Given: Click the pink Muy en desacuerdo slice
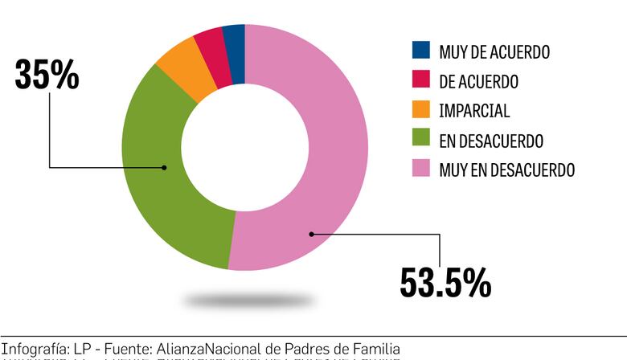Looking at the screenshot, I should click(330, 153).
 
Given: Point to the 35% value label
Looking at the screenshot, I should click(47, 75).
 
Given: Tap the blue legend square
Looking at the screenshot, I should click(420, 51).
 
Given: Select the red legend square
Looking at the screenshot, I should click(420, 81).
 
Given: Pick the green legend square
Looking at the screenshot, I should click(420, 141).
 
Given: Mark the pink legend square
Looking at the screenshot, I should click(420, 170).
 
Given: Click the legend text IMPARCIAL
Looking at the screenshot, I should click(474, 111).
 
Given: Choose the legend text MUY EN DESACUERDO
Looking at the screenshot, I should click(506, 170).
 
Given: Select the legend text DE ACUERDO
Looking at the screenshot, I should click(478, 81).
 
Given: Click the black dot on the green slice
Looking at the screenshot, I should click(164, 167).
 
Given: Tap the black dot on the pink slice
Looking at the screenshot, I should click(310, 234).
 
